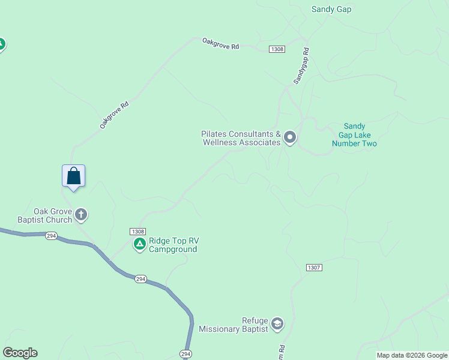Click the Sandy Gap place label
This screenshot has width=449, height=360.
(331, 9)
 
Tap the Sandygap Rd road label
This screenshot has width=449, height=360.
(301, 65)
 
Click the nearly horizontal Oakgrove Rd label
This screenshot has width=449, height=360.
(220, 44)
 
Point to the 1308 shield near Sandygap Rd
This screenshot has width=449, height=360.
(277, 49)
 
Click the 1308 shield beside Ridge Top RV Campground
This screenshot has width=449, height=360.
(137, 232)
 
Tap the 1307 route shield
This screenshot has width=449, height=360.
(314, 268)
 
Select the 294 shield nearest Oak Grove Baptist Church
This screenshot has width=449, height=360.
(51, 236)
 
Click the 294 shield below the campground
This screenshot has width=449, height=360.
(140, 279)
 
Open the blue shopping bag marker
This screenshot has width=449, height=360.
(73, 176)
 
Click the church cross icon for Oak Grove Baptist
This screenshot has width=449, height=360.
(81, 214)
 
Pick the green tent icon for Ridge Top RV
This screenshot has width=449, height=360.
(139, 244)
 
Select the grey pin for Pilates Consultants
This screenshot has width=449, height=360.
(290, 138)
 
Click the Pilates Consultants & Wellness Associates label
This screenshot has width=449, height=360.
(241, 138)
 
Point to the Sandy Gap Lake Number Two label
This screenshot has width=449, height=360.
(354, 135)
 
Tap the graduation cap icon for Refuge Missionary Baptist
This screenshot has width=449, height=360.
(277, 324)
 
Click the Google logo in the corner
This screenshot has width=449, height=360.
(20, 353)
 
